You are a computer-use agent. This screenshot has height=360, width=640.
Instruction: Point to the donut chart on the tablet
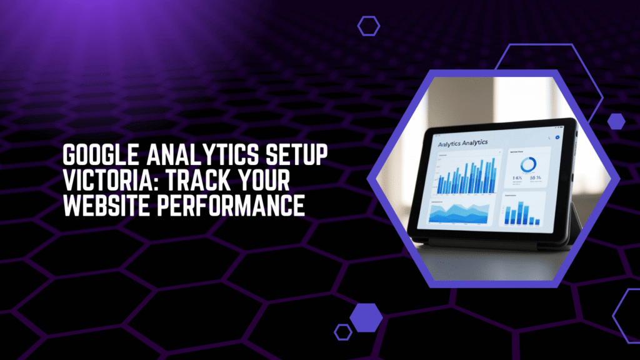click(x=528, y=166)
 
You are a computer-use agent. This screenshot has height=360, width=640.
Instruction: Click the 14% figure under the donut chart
click(x=518, y=179)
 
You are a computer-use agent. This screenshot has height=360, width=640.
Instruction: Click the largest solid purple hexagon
click(x=366, y=317)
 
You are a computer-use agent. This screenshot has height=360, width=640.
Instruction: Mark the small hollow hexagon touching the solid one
click(x=342, y=331)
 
